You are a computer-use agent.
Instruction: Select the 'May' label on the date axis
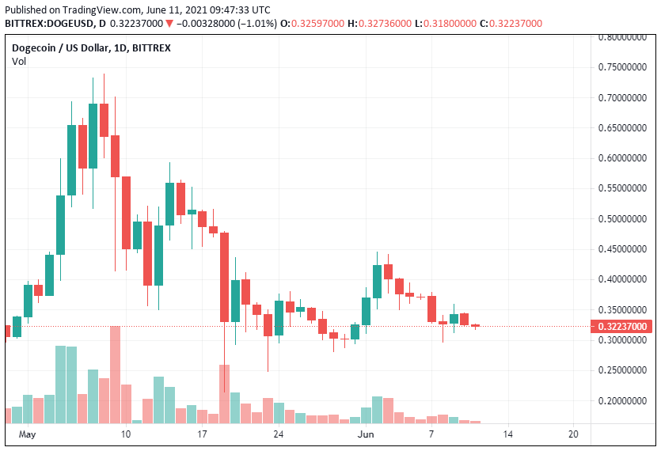click(28, 434)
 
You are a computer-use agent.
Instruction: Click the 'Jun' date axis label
click(366, 434)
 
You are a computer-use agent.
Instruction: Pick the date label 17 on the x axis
click(203, 434)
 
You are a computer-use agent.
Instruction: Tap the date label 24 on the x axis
click(278, 434)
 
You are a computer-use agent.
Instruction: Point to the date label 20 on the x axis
click(574, 434)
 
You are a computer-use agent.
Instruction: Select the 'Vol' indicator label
click(18, 61)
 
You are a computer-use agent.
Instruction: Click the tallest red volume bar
click(116, 374)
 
